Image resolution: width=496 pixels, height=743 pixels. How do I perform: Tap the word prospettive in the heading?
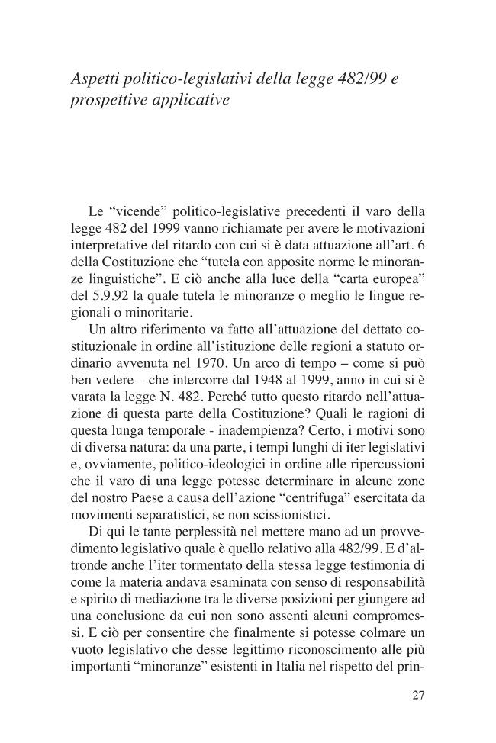coord(106,100)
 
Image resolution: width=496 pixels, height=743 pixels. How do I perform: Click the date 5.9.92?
coord(101,294)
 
